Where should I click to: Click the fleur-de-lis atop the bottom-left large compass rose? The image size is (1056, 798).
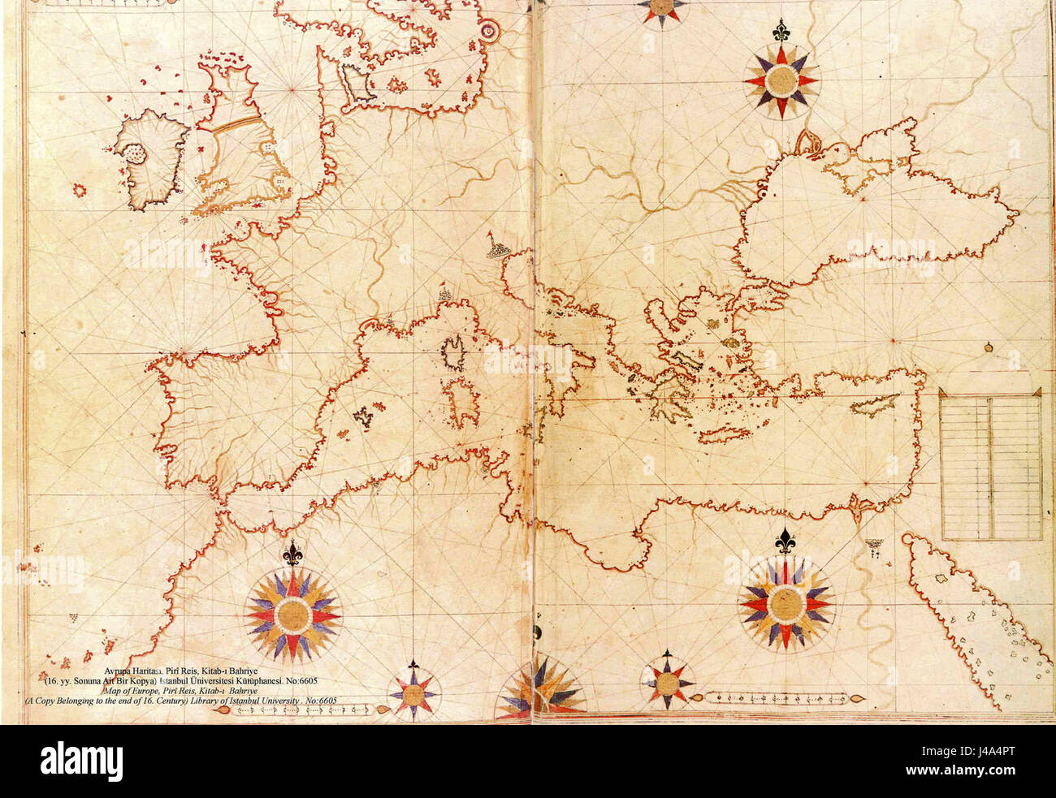coord(292,554)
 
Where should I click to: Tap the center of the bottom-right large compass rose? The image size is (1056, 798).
coord(785,603)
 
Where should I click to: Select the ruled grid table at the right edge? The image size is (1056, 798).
coord(990,465)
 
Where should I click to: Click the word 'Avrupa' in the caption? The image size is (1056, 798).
coord(122,671)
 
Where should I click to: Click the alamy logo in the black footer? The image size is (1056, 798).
coord(81,761)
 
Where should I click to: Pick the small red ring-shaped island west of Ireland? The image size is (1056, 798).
coord(80,190)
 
